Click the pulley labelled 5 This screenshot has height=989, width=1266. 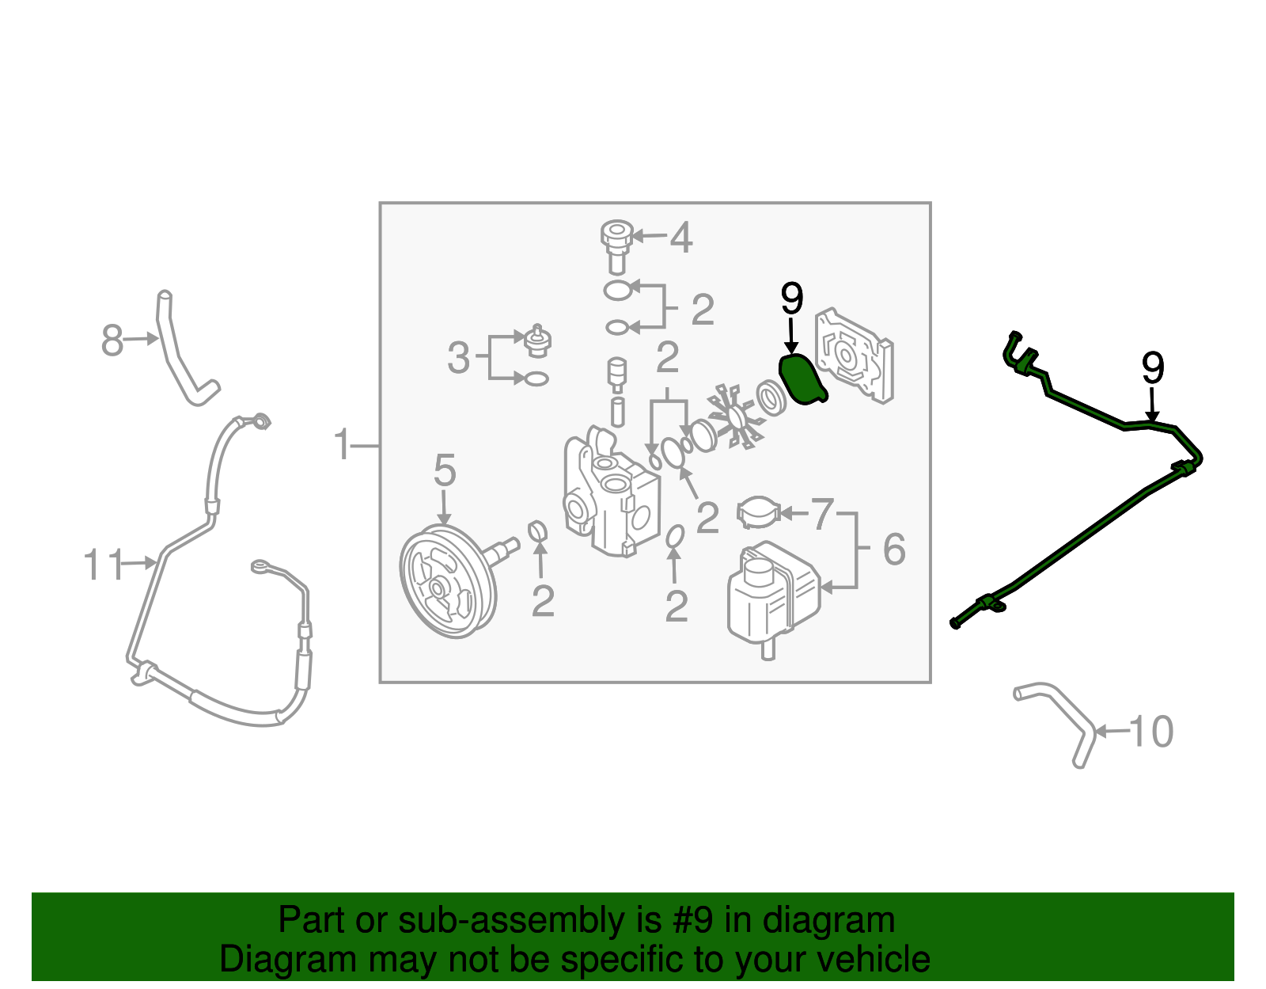point(447,581)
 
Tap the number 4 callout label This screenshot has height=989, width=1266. point(680,238)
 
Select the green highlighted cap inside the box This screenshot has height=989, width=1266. point(802,378)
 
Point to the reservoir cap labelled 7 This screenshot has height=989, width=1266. point(758,512)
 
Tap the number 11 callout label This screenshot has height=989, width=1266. point(103,564)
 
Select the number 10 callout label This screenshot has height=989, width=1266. point(1151,732)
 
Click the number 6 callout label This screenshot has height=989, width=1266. point(894,549)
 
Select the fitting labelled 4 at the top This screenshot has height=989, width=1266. point(617,246)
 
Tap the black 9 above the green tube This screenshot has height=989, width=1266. point(1153,367)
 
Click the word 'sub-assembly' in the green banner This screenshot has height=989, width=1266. point(529,919)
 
